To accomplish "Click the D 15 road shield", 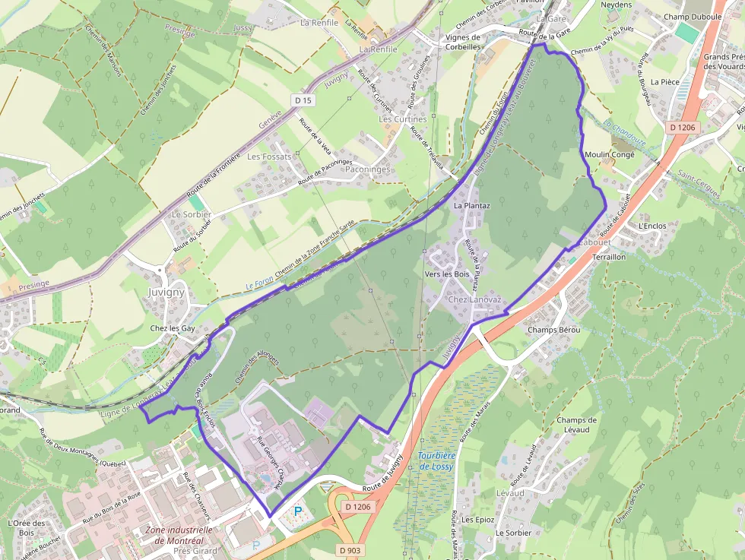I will tap(303, 100).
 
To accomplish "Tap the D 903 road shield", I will tap(350, 549).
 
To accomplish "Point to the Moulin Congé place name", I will tap(608, 154).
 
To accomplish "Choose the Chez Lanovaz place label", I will tap(475, 300).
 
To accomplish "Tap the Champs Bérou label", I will tap(553, 330).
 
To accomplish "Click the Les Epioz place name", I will tap(477, 520).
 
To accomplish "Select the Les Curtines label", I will tap(403, 119).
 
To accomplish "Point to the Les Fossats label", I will tap(269, 157).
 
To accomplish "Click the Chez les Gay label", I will tap(173, 328).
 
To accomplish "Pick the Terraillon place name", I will tap(608, 258).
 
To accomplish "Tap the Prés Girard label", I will tap(195, 551).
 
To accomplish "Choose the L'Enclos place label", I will tap(652, 226).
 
